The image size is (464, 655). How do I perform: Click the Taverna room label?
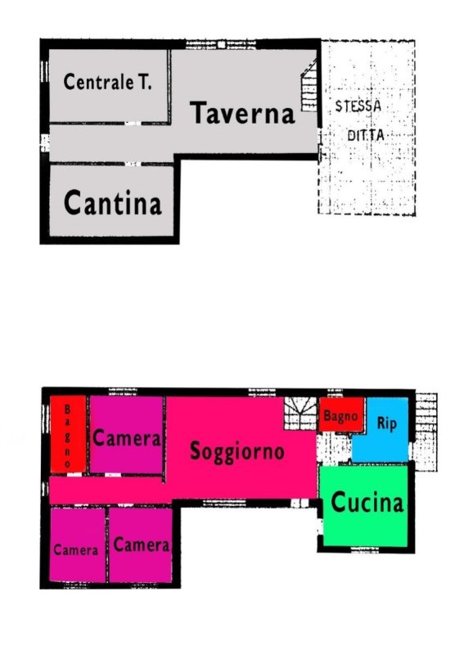coord(242,113)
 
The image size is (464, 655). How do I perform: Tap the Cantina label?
coord(112,202)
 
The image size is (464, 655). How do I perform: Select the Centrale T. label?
coord(107,82)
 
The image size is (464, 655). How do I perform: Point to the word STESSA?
coord(358,106)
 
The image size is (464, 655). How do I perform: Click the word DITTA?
coord(366,135)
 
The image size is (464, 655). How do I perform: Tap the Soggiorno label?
coord(237,452)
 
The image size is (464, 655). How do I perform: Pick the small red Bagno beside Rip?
coord(340,414)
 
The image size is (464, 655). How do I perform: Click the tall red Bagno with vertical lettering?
coord(68,435)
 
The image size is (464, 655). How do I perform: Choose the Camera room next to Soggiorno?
coord(126,435)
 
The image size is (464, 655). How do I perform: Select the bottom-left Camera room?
coord(77,544)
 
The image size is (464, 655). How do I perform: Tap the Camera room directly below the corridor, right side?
coord(140,544)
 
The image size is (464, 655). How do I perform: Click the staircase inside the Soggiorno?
coord(300,413)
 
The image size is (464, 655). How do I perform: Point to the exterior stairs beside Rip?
coord(426,432)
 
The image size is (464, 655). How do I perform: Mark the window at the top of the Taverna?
coord(220,44)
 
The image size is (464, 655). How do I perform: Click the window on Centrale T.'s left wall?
coord(44,72)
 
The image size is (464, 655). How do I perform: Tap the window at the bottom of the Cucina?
coord(365,549)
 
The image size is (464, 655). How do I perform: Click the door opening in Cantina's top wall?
coord(133,164)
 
